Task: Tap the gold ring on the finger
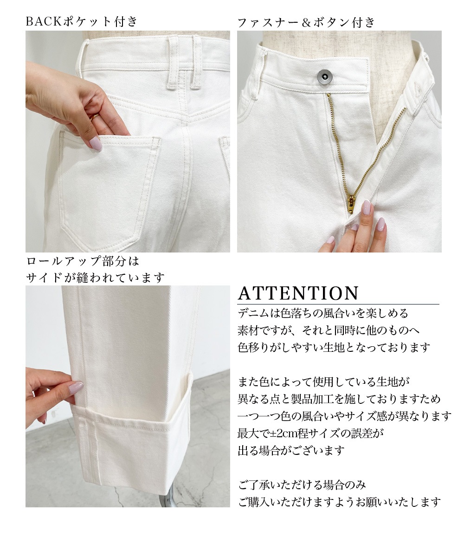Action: (x=95, y=117)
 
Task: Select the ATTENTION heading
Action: (x=298, y=293)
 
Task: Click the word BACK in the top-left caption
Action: (x=44, y=22)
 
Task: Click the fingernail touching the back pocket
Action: (x=96, y=143)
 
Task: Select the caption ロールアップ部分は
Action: (x=83, y=261)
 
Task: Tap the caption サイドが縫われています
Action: (x=96, y=278)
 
